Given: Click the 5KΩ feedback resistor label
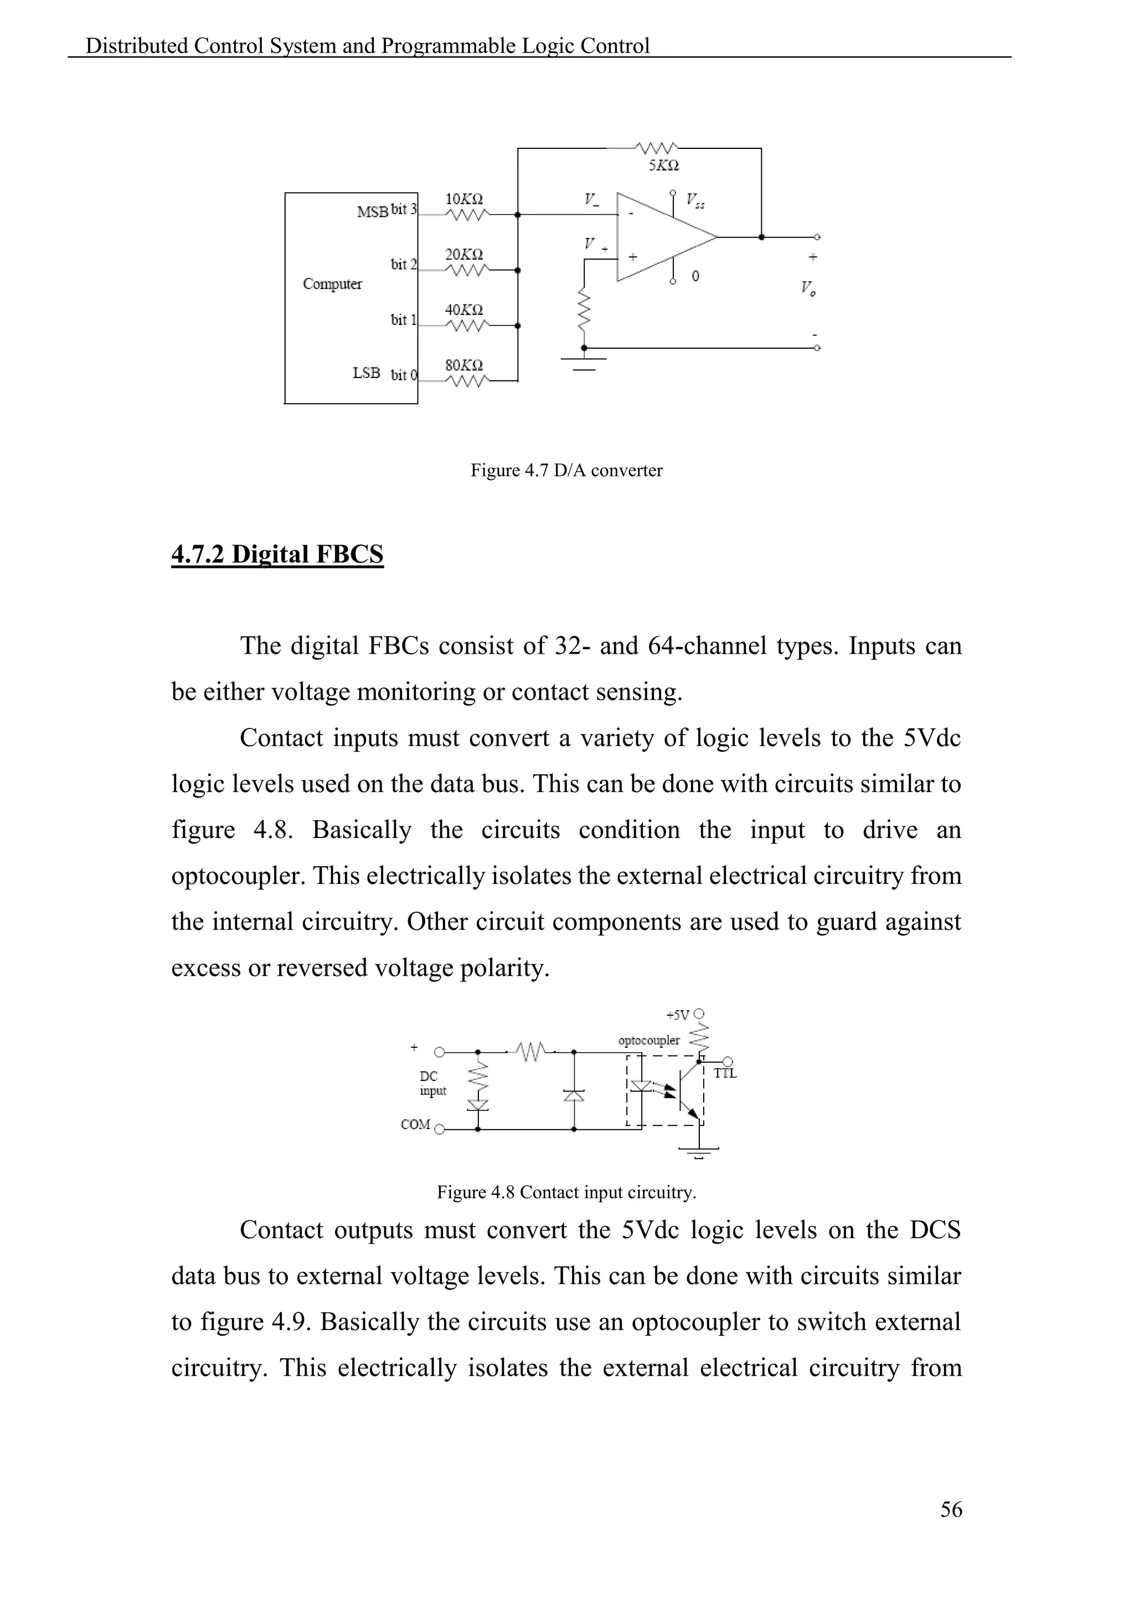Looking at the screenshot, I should tap(663, 166).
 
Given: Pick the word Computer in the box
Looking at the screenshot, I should tap(332, 283).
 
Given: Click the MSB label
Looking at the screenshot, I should tap(372, 212).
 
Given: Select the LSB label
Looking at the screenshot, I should tap(367, 373).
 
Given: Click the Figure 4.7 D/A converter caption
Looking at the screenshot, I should tap(566, 470).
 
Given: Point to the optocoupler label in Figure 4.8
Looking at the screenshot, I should tap(649, 1040).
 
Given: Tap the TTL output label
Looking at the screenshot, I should tap(725, 1074).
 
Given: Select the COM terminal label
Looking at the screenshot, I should tap(415, 1124).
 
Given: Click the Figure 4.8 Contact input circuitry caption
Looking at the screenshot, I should tap(566, 1192).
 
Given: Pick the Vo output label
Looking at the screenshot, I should tap(808, 288).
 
